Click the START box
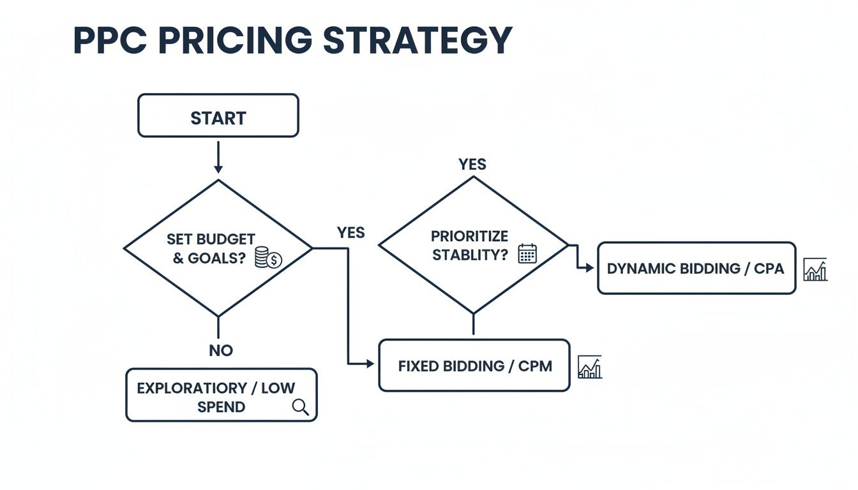tap(218, 115)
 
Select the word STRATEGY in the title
tap(418, 40)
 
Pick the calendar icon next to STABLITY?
tap(527, 254)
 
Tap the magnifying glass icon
tap(300, 407)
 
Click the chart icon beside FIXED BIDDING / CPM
tap(589, 367)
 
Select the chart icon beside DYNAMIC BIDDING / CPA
tap(815, 269)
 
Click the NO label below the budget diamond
tap(221, 350)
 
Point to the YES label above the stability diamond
tap(472, 165)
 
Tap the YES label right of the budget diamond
tap(350, 233)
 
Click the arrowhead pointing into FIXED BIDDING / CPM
tap(370, 364)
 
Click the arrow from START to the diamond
tap(218, 156)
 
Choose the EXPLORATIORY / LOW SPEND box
tap(221, 395)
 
